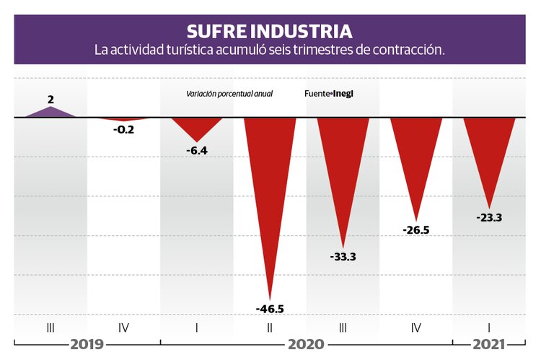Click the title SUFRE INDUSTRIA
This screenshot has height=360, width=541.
point(270,31)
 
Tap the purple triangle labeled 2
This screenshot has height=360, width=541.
point(50,112)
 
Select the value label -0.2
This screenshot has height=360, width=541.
point(123,130)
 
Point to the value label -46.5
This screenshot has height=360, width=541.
point(270,309)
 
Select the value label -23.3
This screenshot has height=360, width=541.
point(489,216)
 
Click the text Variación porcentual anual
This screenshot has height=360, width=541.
point(229,94)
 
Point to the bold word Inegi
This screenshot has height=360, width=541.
point(348,94)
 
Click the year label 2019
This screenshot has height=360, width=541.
point(87,344)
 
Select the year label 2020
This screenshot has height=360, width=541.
point(306,344)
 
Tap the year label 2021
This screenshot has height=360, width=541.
point(488,344)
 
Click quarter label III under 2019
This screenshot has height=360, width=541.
point(50,328)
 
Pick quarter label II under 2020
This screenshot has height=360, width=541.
point(270,328)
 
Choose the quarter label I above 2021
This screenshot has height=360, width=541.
point(489,328)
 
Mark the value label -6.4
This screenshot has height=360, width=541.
point(197,151)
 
